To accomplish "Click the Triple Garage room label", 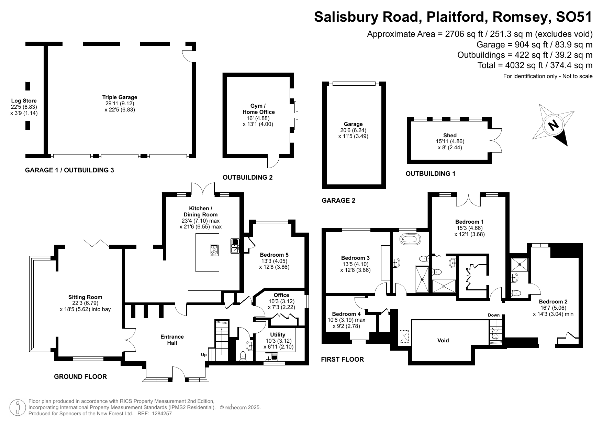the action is (120, 97).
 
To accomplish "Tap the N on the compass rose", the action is (553, 125).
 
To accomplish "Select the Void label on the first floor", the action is (443, 341).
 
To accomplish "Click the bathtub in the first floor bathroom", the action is (410, 239).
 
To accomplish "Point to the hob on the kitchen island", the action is (214, 250).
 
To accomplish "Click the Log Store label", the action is (24, 101).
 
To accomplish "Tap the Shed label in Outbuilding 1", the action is (450, 136).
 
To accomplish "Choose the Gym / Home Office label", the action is (258, 109).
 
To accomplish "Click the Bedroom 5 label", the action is (274, 255).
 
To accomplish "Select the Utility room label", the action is (278, 334).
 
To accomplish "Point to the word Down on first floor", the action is (494, 315).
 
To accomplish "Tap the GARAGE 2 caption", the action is (338, 201).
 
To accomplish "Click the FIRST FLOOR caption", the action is (342, 360).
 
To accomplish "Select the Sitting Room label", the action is (85, 297).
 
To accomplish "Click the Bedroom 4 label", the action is (346, 314).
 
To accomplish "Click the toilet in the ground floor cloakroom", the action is (243, 356).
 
